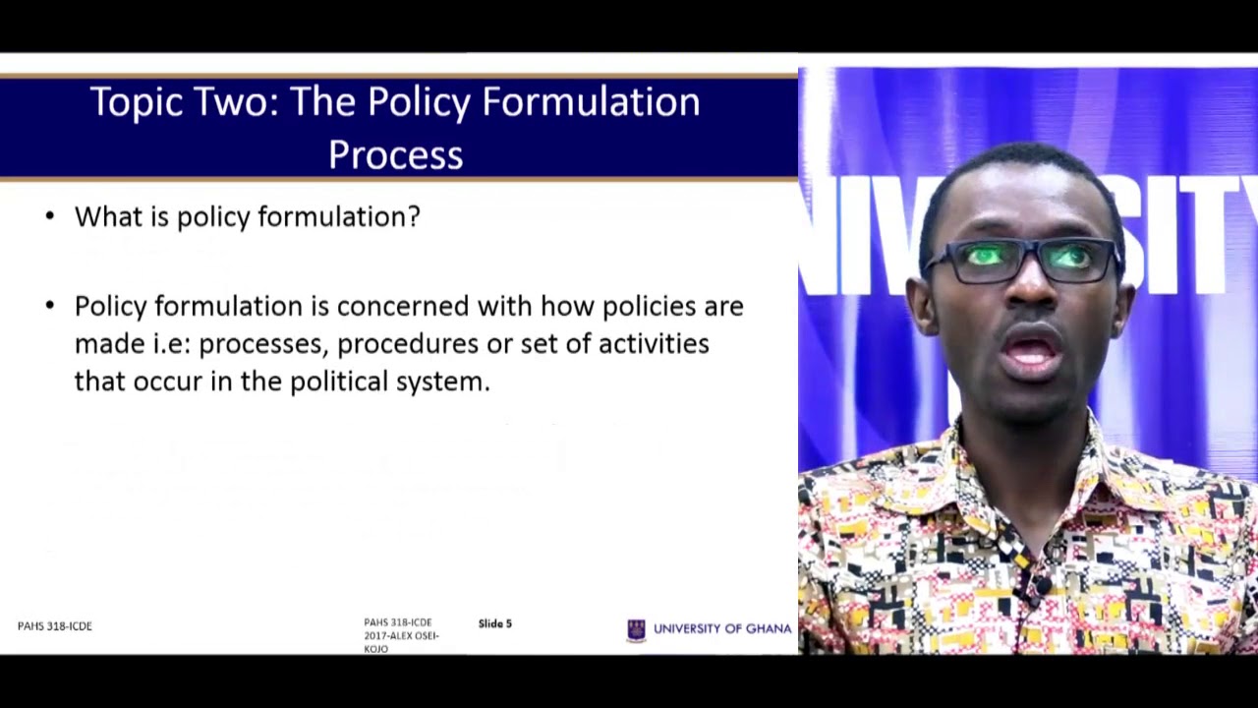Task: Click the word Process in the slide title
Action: coord(396,154)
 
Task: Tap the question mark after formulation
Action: coord(414,216)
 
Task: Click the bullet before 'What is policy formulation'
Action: coord(50,217)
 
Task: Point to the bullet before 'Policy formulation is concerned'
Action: coord(50,306)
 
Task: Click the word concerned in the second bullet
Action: coord(403,306)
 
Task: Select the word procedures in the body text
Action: coord(408,344)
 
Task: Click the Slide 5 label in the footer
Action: coord(494,623)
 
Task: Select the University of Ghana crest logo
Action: coord(636,630)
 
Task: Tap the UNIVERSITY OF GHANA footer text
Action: coord(722,628)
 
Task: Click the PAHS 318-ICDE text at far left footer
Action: coord(54,626)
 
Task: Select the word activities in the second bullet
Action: coord(654,344)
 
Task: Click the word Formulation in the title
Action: coord(591,101)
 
